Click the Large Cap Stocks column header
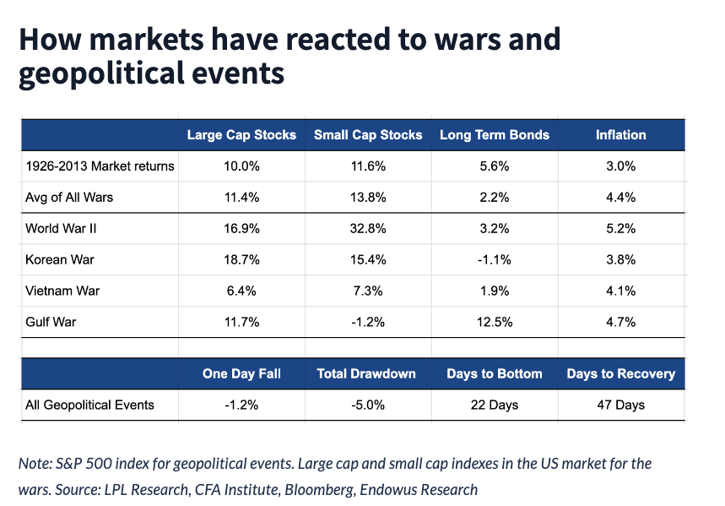coord(241,135)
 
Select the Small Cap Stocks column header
coord(368,135)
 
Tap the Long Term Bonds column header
coord(495,135)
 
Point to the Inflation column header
coord(620,135)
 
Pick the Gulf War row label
coord(52,322)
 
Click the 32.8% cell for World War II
coord(368,228)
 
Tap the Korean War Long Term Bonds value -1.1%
coord(495,259)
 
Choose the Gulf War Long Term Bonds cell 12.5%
coord(495,322)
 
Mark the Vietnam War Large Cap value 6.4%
coord(241,291)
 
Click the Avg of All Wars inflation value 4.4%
coord(620,198)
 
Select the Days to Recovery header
coord(620,373)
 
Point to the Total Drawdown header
coord(368,373)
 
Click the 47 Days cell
coord(620,405)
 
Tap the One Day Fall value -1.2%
coord(241,405)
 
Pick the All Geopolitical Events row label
coord(90,405)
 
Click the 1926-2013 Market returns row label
coord(100,166)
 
